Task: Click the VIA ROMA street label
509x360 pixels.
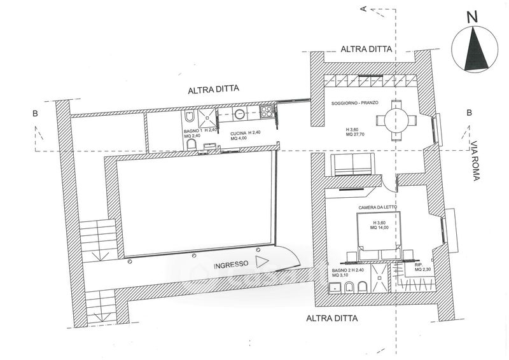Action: click(474, 160)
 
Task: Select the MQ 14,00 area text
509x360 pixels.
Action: click(378, 228)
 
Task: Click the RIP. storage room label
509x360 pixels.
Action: click(418, 265)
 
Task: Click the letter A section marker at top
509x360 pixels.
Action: click(363, 9)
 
